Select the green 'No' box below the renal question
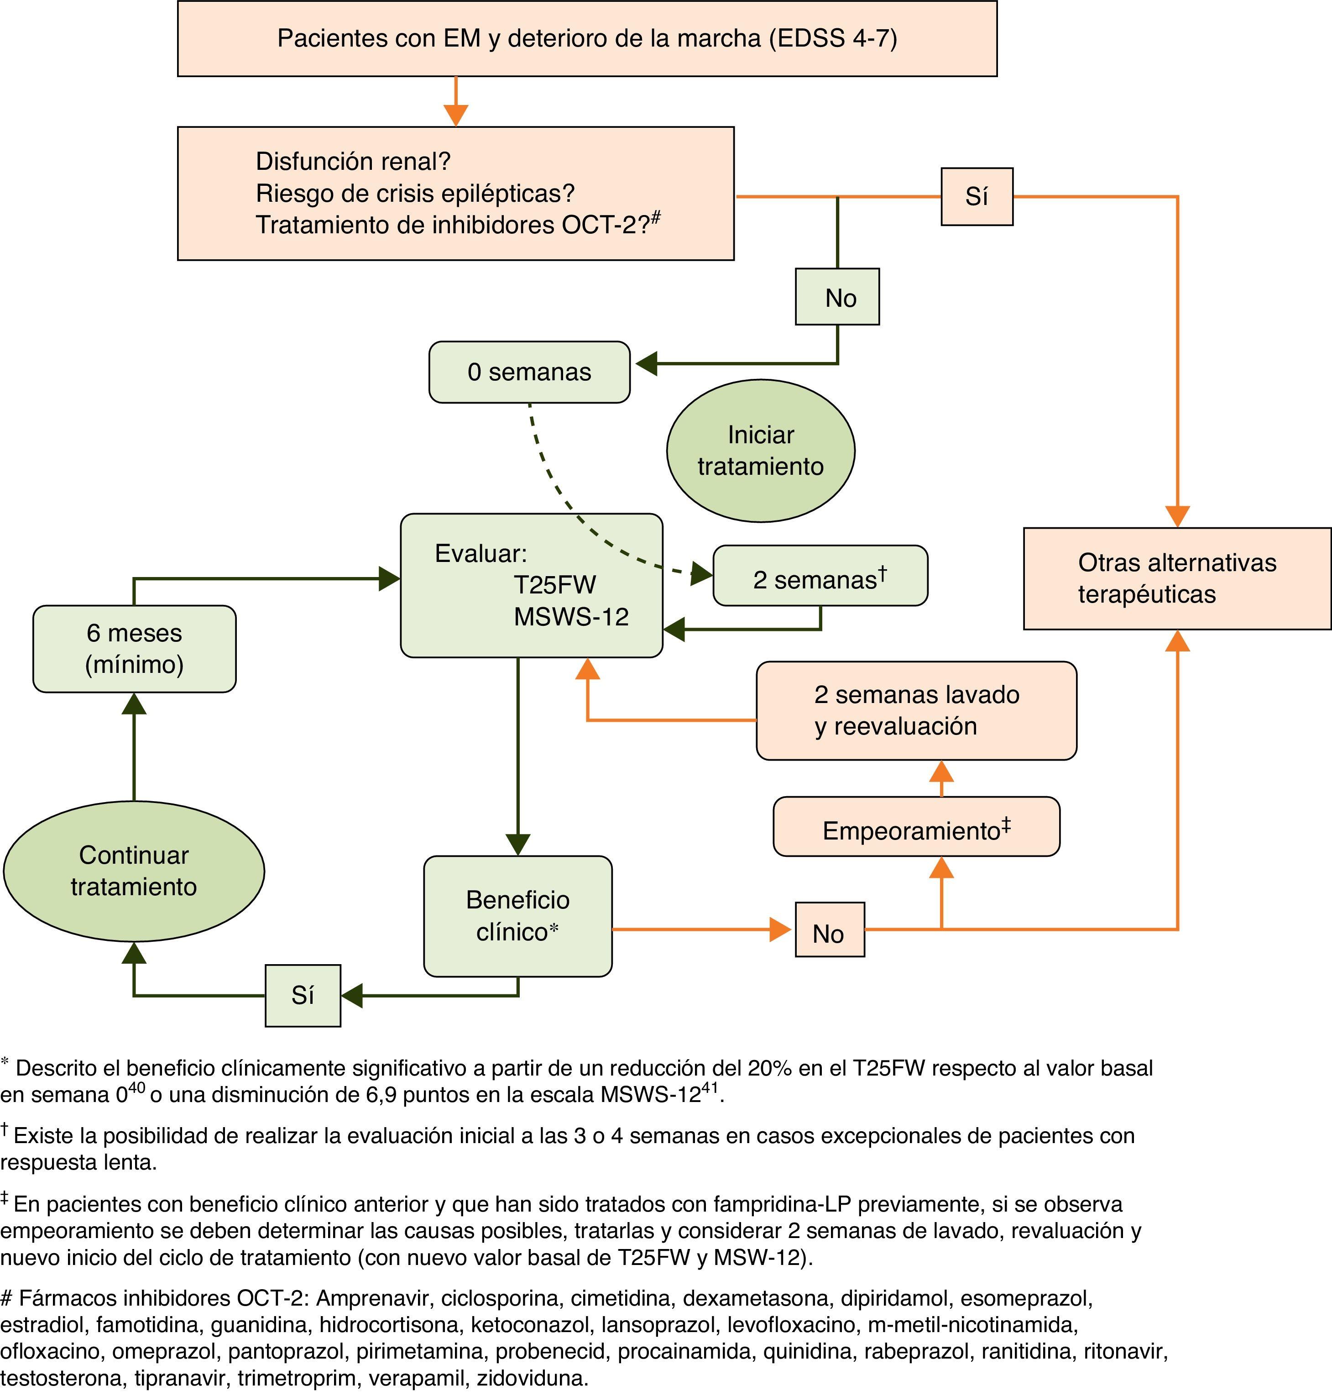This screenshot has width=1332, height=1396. point(837,297)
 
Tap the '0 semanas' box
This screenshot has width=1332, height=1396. point(529,372)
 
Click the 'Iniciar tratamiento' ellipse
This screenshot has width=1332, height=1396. point(760,451)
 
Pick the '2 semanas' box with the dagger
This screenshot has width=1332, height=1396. point(820,576)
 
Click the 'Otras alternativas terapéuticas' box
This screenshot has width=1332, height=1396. point(1176,578)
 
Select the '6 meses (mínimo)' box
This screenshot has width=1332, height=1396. point(134,649)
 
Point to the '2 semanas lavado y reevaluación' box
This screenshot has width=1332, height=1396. point(916,710)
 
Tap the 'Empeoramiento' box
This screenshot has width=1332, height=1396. point(916,827)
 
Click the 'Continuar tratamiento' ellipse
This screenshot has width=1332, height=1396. point(134,871)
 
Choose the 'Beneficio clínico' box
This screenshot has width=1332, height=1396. point(517,916)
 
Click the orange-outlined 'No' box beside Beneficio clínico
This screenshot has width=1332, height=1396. point(829,930)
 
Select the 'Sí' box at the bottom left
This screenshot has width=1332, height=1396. point(303,995)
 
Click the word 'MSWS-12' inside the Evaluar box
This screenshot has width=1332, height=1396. point(571,617)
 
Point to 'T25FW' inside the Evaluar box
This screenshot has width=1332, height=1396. point(554,585)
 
